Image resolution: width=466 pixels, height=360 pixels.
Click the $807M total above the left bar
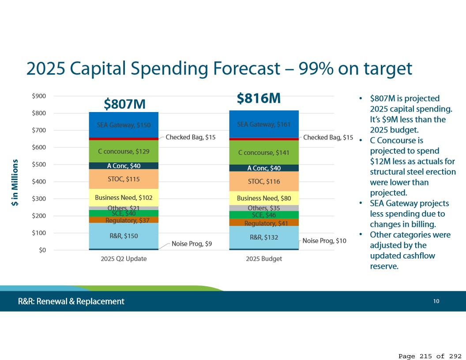click(124, 104)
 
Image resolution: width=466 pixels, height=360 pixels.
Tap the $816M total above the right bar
click(259, 98)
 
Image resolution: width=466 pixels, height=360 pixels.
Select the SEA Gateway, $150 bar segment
click(124, 125)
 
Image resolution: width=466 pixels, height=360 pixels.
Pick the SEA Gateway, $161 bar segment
click(264, 124)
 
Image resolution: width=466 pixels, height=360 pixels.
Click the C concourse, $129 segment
click(124, 151)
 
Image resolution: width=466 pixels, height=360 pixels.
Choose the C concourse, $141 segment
click(264, 153)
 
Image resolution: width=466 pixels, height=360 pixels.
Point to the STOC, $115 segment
click(124, 179)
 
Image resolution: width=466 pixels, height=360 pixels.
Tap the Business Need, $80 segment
click(264, 198)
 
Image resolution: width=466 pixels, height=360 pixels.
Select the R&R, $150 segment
click(124, 236)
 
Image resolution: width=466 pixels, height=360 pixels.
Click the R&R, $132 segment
click(264, 237)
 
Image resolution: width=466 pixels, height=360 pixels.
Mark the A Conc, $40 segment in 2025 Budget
click(264, 168)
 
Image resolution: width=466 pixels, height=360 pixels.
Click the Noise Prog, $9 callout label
click(192, 243)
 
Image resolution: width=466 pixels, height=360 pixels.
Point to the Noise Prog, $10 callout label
click(324, 241)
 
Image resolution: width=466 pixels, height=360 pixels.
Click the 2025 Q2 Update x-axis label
click(124, 259)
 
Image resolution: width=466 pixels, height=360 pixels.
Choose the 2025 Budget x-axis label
click(264, 259)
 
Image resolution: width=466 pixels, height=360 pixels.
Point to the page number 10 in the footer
click(436, 301)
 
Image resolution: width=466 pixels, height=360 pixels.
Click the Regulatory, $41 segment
click(264, 223)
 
